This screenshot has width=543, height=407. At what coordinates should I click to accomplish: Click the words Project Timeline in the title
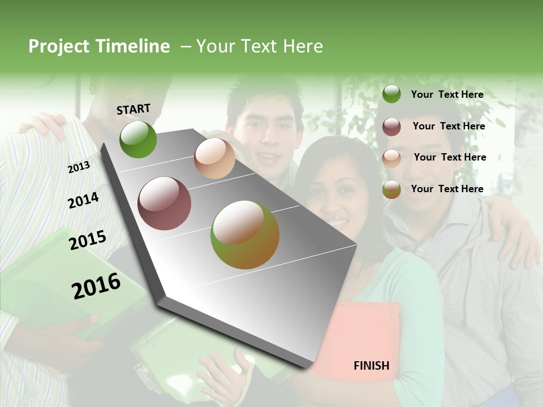(99, 46)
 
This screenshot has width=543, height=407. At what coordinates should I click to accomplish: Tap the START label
(133, 109)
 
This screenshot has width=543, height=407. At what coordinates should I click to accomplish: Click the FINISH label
(371, 366)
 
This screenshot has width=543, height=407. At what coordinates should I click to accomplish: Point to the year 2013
(79, 167)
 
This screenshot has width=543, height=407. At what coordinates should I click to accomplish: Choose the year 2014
(83, 201)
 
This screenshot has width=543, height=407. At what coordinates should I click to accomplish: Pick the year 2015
(88, 240)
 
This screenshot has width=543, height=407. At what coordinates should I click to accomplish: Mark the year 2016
(96, 286)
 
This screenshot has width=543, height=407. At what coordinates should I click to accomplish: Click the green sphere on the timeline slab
(138, 139)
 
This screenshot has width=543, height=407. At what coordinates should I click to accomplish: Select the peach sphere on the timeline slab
(214, 158)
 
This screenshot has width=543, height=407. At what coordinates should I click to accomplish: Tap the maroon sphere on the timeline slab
(165, 203)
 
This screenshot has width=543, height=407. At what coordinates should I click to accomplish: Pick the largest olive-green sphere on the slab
(245, 235)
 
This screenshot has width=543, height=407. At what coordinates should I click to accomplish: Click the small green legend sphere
(391, 94)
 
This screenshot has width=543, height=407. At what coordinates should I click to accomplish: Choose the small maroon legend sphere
(391, 127)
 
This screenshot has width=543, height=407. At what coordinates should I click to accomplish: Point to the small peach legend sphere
(391, 158)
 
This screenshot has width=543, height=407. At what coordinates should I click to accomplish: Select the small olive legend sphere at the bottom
(391, 190)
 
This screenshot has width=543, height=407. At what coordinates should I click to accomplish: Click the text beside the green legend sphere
(447, 94)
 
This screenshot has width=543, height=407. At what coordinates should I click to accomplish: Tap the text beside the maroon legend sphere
(449, 126)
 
